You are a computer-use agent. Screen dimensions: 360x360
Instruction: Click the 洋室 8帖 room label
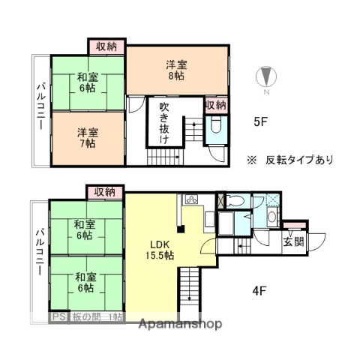coord(175,69)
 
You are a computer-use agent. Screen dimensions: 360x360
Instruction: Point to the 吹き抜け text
coord(163,123)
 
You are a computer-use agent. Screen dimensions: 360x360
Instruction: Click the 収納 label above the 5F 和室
coord(106,46)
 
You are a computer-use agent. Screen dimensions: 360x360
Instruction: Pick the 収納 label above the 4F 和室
coord(105,192)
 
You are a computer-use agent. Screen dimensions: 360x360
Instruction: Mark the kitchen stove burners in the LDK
coord(190,200)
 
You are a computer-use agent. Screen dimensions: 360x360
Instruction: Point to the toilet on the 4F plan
coord(235,200)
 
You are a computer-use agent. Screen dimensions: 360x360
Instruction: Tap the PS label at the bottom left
coord(58,317)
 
